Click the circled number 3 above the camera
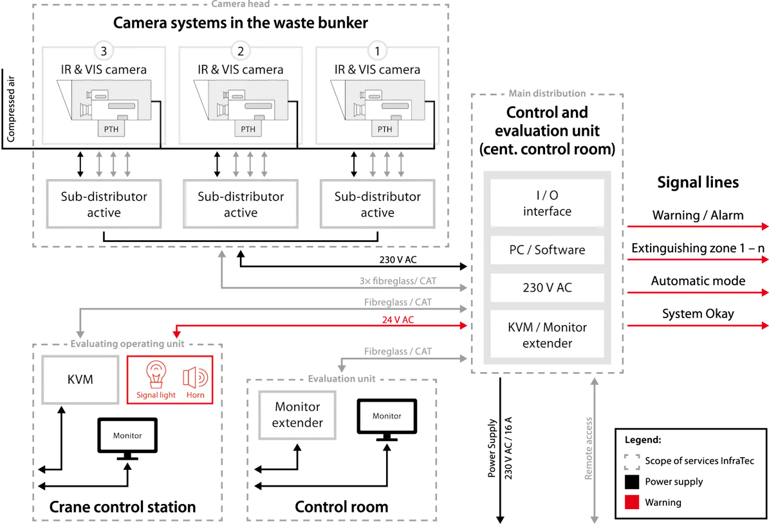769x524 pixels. (x=104, y=51)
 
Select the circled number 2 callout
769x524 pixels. (x=241, y=51)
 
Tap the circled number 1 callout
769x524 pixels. (x=377, y=51)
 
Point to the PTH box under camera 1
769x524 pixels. (x=384, y=129)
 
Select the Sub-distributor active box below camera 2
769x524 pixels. (x=241, y=204)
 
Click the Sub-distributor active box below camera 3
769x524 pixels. (x=104, y=204)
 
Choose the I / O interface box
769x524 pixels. (x=547, y=203)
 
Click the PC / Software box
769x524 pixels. (x=547, y=250)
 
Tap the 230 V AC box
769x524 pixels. (x=547, y=288)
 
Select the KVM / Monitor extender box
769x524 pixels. (x=547, y=335)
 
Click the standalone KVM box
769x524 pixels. (x=80, y=380)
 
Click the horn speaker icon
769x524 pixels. (x=195, y=377)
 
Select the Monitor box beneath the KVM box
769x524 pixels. (x=127, y=436)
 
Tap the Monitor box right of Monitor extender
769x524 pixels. (x=387, y=416)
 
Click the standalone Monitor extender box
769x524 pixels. (x=297, y=415)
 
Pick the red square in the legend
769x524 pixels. (x=632, y=501)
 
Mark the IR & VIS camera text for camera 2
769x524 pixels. (x=241, y=70)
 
